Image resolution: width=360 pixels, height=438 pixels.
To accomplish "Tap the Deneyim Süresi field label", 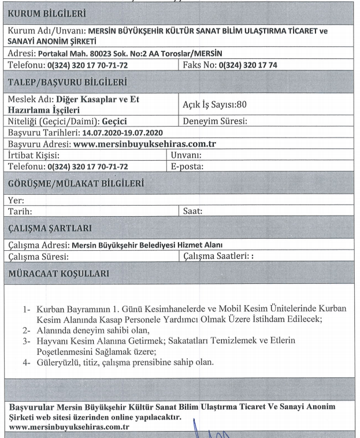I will click(215, 122).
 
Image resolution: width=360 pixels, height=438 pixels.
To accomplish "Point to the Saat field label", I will click(192, 210).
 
